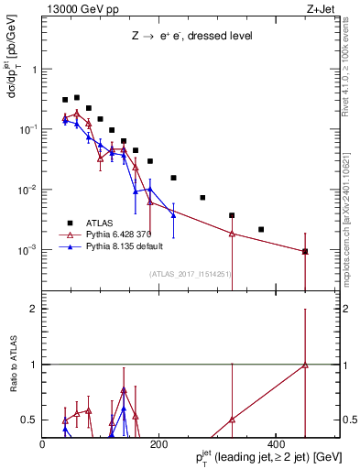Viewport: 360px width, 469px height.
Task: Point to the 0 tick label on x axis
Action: (x=42, y=443)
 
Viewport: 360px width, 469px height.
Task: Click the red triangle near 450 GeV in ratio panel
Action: (x=305, y=365)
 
